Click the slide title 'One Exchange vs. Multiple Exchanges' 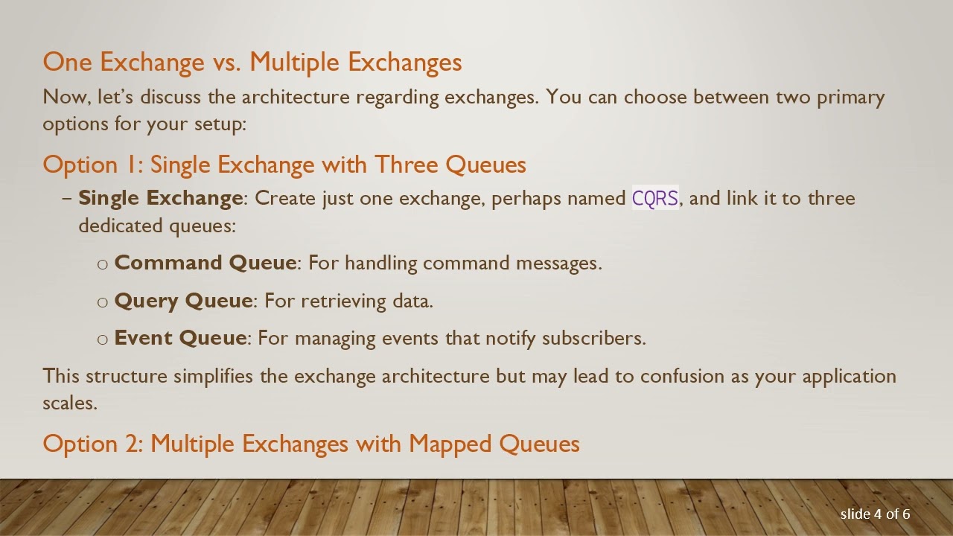[x=252, y=62]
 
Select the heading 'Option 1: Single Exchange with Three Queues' [x=284, y=165]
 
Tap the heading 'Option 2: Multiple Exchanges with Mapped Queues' [x=311, y=444]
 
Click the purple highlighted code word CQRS [x=655, y=199]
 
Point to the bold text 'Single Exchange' [x=160, y=198]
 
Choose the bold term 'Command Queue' [x=205, y=263]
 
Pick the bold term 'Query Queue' [x=183, y=301]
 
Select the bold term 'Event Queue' [x=180, y=338]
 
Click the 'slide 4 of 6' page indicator [x=875, y=514]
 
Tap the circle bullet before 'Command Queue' [x=103, y=264]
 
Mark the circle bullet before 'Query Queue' [x=103, y=302]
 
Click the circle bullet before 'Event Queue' [x=103, y=339]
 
